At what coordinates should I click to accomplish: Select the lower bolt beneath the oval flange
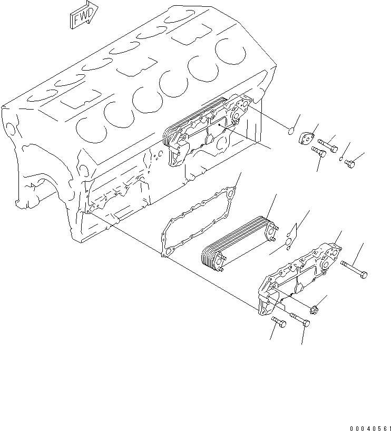pos(318,152)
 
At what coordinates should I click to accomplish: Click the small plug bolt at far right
pos(349,164)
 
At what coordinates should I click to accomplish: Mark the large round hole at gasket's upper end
pos(230,194)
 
